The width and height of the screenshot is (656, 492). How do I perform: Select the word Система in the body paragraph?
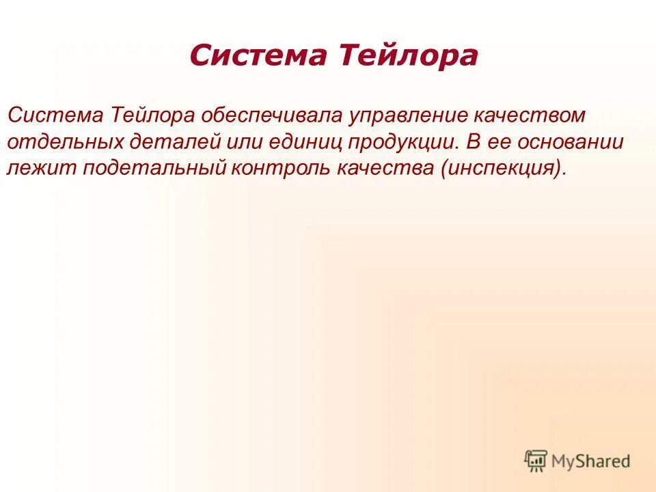(54, 115)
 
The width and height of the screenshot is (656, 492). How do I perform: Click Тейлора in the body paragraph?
(151, 115)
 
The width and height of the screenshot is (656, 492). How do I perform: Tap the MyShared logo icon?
(536, 461)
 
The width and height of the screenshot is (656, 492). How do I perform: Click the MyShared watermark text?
(592, 461)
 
